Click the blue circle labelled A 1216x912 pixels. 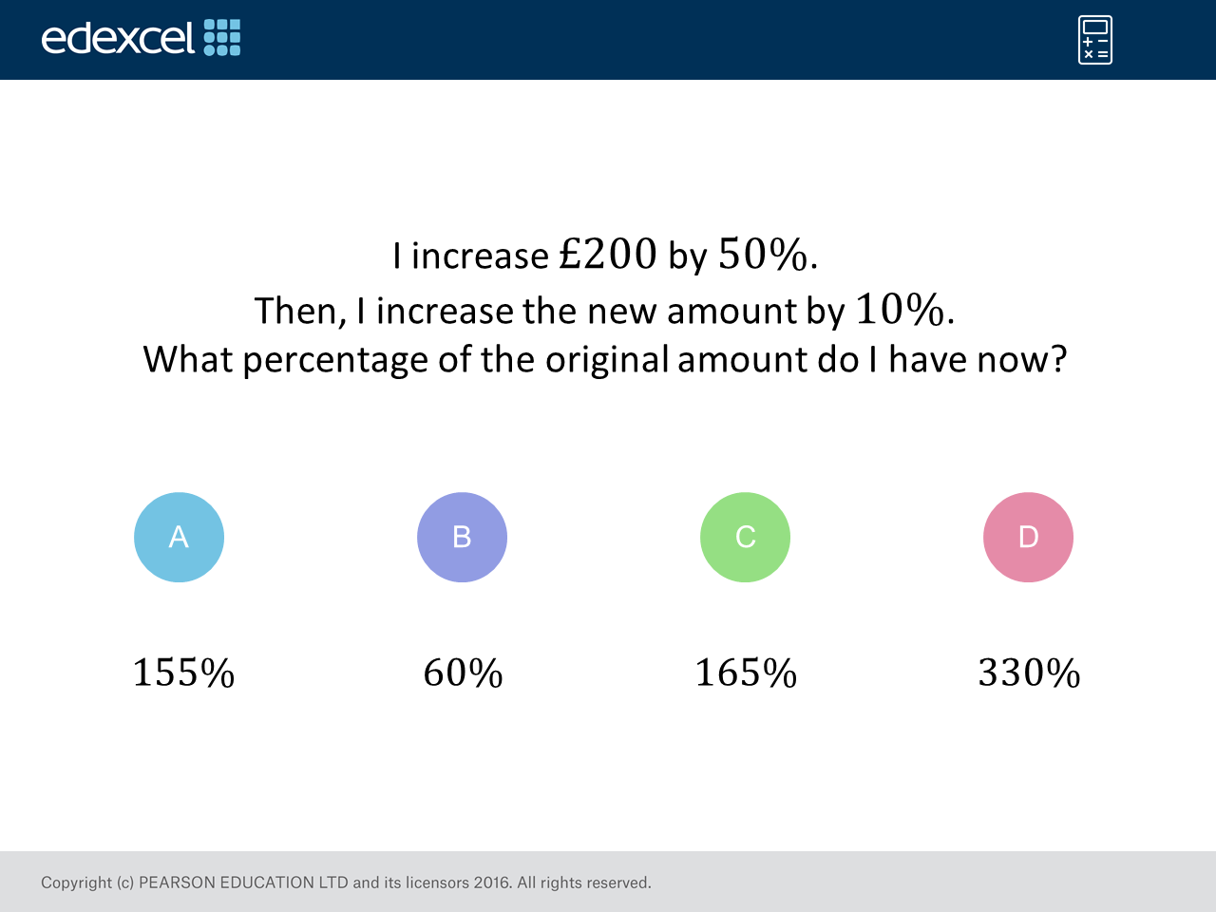click(179, 537)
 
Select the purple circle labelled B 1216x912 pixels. click(462, 537)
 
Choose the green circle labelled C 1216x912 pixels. click(745, 537)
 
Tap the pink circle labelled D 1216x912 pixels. click(1028, 537)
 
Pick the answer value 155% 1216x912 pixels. click(184, 673)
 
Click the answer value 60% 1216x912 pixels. click(464, 673)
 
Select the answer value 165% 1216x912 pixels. click(746, 673)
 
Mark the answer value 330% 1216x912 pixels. click(1029, 673)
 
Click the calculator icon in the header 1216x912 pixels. click(1095, 40)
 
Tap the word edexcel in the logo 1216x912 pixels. click(118, 38)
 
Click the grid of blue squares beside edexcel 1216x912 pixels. click(222, 37)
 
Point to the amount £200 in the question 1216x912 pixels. click(608, 254)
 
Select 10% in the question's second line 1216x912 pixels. click(901, 309)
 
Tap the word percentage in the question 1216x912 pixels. click(335, 360)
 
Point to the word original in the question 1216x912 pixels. click(607, 360)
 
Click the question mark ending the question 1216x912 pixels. click(1058, 358)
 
